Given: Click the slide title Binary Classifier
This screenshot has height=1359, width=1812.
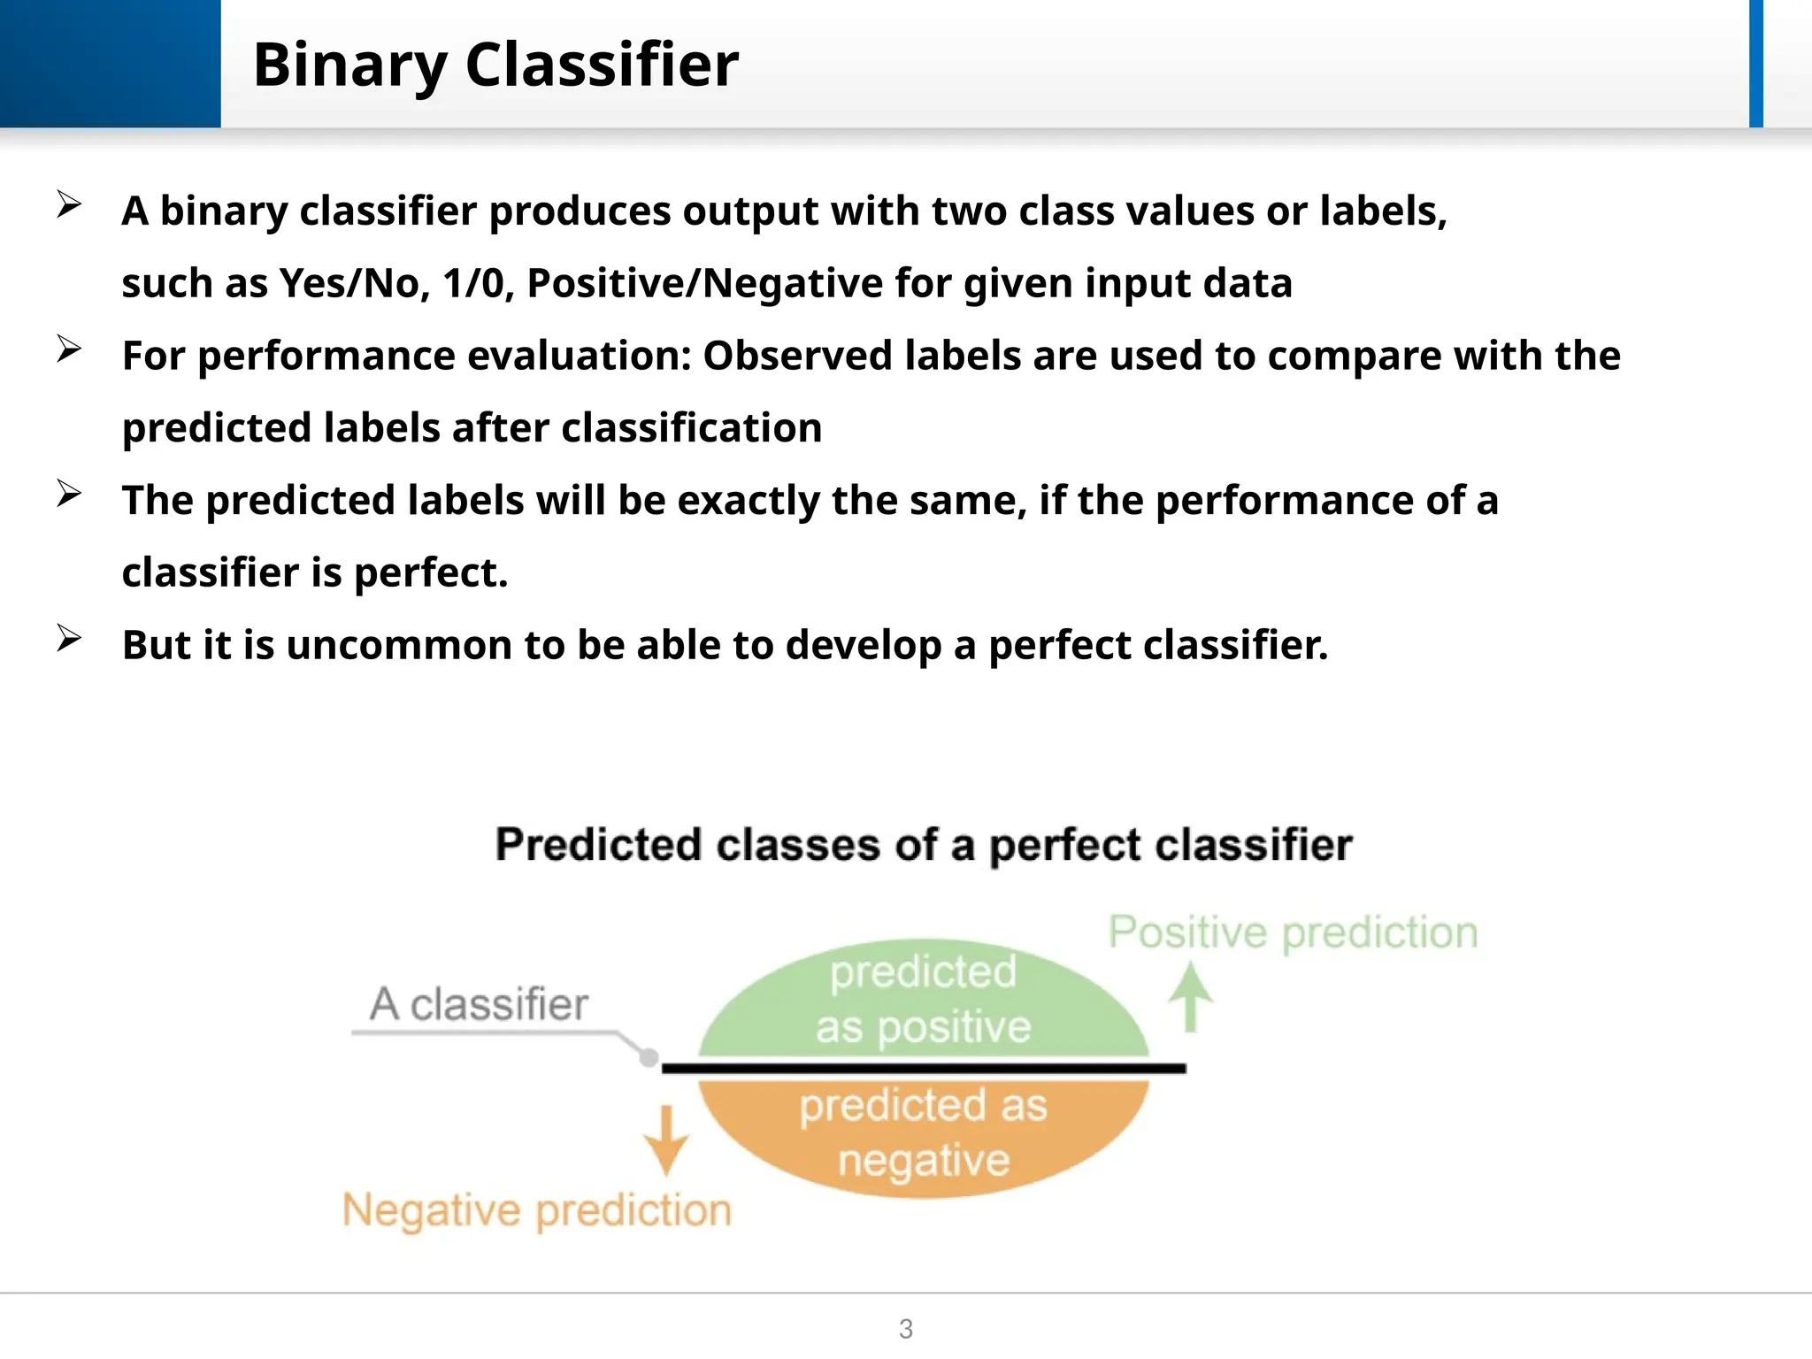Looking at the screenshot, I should coord(495,65).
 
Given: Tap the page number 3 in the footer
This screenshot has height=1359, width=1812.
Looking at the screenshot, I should coord(905,1328).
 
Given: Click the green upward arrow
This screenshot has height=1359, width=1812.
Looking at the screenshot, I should coord(1190,997).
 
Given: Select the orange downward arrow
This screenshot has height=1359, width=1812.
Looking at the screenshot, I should coord(666,1140).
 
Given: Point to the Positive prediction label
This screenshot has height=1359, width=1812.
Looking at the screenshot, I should coord(1293,933).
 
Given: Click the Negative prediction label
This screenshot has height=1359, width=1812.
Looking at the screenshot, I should coord(537,1210).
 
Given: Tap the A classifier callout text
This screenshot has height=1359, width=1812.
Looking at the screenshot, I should coord(479,1004).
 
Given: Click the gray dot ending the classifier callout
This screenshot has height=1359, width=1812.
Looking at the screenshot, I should coord(649,1056).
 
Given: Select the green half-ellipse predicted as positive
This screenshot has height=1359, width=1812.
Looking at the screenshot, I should coord(923,1000).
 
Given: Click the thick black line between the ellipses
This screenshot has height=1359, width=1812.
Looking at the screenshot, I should coord(923,1069).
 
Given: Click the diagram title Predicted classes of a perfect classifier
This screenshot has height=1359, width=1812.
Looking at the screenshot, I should coord(923,844).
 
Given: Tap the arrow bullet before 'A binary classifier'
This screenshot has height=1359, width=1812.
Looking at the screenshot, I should coord(69,205).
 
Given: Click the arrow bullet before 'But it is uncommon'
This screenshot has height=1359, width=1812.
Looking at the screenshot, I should coord(69,638).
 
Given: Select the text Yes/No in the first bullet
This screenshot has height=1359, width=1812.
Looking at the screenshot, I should coord(354,284).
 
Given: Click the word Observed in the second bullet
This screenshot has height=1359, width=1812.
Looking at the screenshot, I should coord(797,356).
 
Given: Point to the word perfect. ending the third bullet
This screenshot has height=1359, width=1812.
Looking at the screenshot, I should coord(431,573).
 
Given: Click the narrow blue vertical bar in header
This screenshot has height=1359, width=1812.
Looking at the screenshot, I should coord(1755,64).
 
